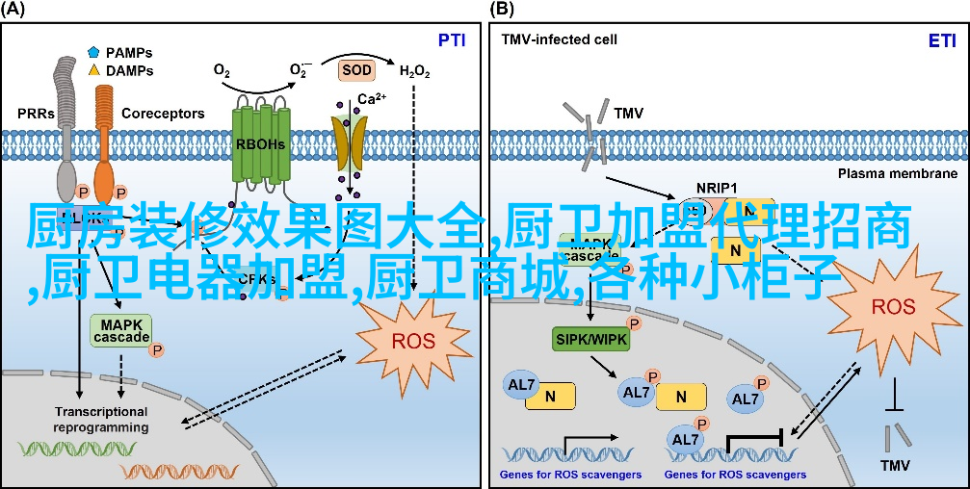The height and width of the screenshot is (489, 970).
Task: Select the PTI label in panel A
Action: pos(452,40)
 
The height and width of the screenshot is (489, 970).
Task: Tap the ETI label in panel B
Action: pos(941,40)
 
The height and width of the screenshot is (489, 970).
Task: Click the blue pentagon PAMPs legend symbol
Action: pos(93,52)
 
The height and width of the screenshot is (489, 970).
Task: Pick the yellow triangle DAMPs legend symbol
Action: pos(93,70)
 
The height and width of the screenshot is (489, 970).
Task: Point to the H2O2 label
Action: pos(414,71)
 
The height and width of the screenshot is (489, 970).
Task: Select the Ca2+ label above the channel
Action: pos(372,99)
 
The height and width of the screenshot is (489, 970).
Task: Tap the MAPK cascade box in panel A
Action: pos(121,330)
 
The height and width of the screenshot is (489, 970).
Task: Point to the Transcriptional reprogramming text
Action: pos(101,420)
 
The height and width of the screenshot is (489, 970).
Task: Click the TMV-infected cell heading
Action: pos(559,40)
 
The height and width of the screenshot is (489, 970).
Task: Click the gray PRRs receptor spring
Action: pos(66,106)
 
